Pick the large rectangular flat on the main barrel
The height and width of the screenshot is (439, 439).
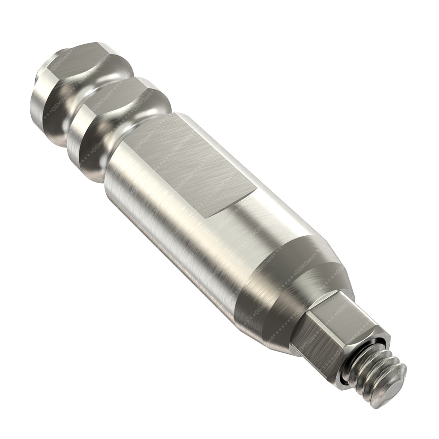(193, 162)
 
